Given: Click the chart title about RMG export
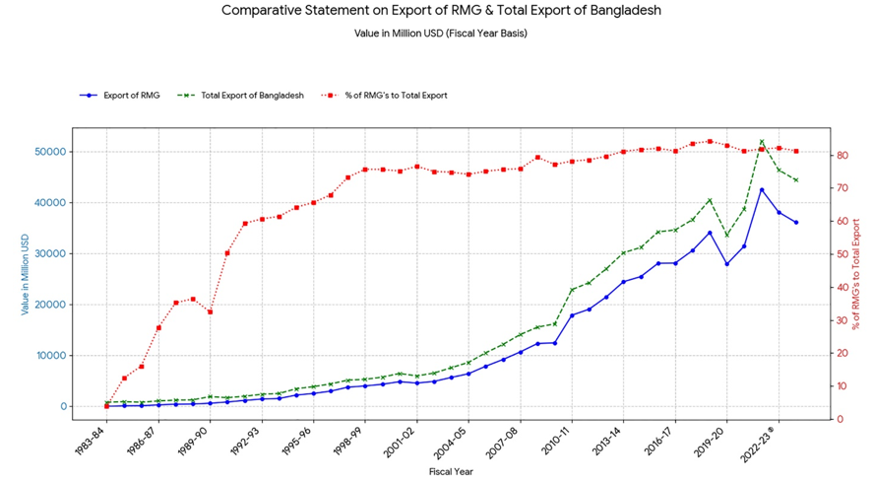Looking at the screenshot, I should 441,11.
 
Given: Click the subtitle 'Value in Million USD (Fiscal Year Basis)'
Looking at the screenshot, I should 441,34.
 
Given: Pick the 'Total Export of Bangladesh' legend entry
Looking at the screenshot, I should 252,96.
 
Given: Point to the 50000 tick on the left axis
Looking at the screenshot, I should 51,152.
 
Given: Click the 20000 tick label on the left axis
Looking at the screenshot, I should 51,305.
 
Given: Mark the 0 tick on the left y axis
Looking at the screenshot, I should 62,406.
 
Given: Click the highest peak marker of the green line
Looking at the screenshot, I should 762,142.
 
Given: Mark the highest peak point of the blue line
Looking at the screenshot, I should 762,190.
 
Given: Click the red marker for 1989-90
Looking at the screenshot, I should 210,311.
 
